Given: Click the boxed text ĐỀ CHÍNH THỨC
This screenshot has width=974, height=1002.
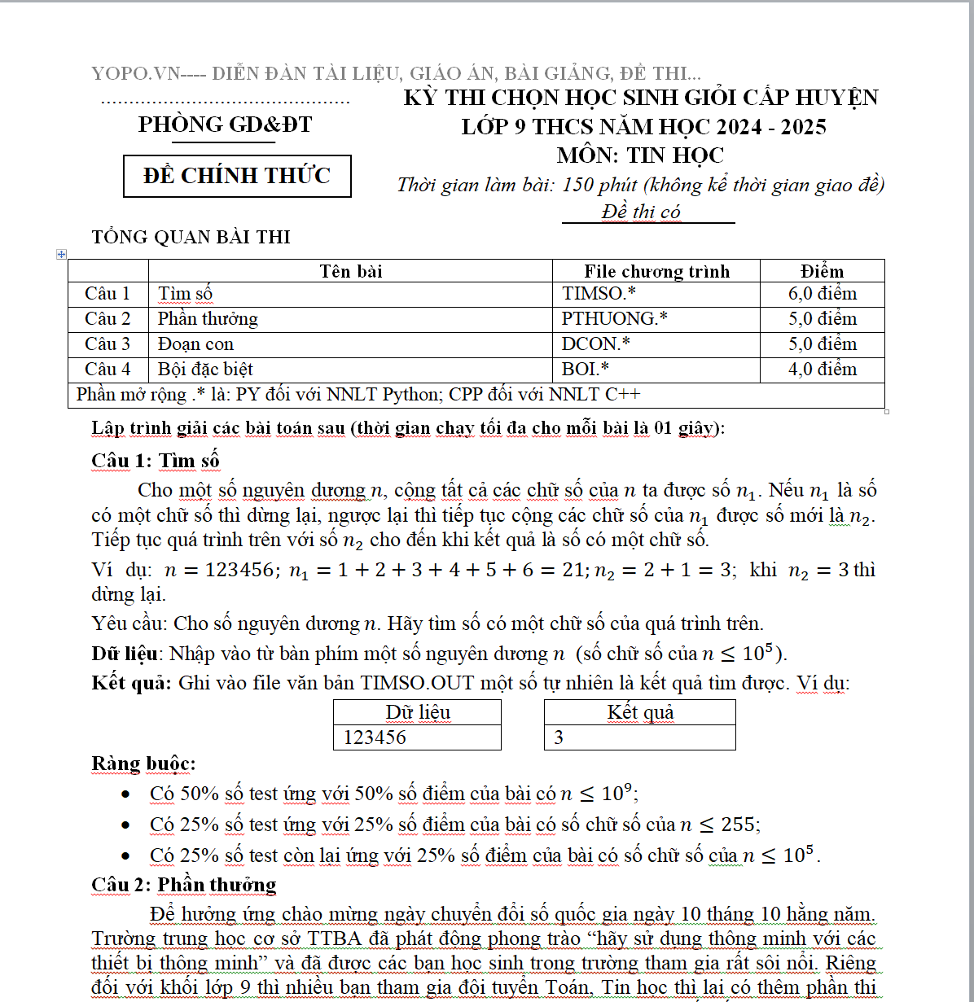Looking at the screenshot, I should (237, 176).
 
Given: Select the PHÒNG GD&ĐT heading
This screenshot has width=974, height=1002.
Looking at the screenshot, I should (225, 125).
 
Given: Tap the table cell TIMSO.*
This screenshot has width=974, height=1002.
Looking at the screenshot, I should (599, 294).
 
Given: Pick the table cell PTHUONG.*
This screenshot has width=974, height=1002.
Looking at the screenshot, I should (614, 319).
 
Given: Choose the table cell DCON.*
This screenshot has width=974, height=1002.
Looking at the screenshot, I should (595, 344).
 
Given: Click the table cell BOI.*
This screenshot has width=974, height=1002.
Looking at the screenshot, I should (586, 370).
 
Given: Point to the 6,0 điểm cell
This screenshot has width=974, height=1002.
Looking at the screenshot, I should (822, 294).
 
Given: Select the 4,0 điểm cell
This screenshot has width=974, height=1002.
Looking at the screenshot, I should (822, 370).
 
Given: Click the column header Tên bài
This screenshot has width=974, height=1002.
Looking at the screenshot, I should (350, 271).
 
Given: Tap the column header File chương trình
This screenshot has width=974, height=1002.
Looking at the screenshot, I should (656, 271).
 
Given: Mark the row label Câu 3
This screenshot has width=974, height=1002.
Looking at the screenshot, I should (107, 344).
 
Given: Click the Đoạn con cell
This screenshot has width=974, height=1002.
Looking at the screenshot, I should (195, 344).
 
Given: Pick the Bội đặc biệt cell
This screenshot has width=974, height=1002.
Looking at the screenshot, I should (205, 370).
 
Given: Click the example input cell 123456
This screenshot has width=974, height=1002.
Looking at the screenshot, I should (375, 737).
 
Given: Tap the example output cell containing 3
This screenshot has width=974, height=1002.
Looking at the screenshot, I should (559, 737).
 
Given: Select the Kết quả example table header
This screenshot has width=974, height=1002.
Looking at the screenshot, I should (640, 712).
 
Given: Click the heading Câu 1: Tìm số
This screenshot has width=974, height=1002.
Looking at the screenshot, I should (156, 461).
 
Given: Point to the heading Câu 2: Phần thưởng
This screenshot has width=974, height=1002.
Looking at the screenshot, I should (184, 885).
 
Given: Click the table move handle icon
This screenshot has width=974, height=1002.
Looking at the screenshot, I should (61, 254).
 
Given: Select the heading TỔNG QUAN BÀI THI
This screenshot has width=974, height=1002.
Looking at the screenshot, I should (191, 237).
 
